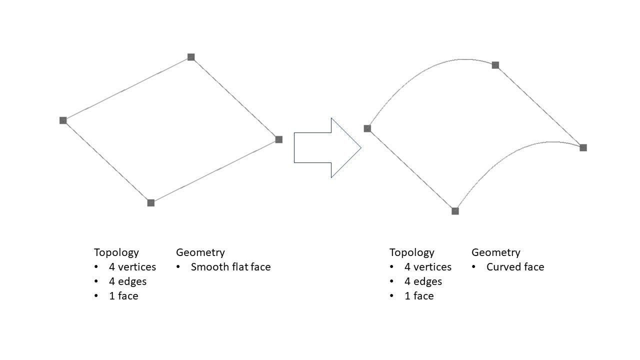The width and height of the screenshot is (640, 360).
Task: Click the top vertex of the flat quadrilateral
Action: pos(191,57)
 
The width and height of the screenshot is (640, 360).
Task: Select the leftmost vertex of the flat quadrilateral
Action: pos(63,120)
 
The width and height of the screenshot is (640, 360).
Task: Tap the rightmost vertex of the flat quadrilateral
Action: pos(279,139)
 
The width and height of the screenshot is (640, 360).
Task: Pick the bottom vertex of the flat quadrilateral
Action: pos(151,202)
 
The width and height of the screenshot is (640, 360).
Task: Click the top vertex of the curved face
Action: pos(495,65)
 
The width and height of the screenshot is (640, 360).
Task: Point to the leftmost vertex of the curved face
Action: pos(367,128)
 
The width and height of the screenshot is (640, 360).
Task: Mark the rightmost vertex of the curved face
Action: pos(583,147)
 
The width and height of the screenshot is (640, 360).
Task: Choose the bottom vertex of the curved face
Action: pos(455,211)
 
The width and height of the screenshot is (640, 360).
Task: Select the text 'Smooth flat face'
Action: pos(230,267)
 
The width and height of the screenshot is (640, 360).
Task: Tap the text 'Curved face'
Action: pos(515,267)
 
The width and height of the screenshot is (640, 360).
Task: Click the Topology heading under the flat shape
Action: pos(116,252)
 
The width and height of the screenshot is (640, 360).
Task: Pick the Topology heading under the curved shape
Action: pos(412,252)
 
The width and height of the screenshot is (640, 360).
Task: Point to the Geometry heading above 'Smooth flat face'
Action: pos(200,252)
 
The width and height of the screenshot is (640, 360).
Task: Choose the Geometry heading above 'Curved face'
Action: pos(496,252)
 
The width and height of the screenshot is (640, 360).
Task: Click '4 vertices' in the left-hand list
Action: pos(132,267)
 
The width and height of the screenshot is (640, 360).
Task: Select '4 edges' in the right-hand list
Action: pos(423,281)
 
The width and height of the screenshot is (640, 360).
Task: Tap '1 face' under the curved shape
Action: pos(419,296)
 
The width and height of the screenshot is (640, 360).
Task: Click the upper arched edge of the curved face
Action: pos(425,70)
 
